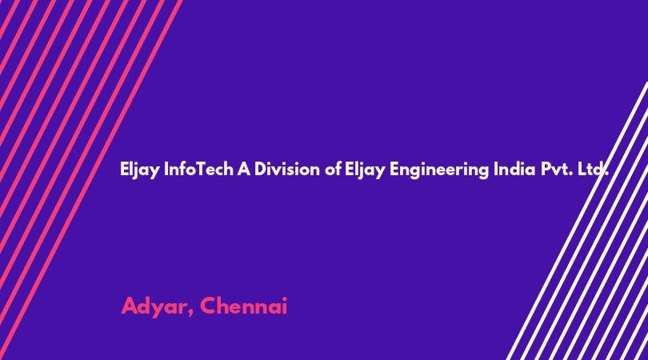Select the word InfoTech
point(198,169)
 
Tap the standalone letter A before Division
point(244,169)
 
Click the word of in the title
point(333,169)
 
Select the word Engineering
point(439,170)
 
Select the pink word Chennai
point(244,306)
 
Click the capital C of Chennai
point(210,306)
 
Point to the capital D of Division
point(261,169)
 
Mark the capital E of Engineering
point(394,169)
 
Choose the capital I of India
point(496,169)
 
